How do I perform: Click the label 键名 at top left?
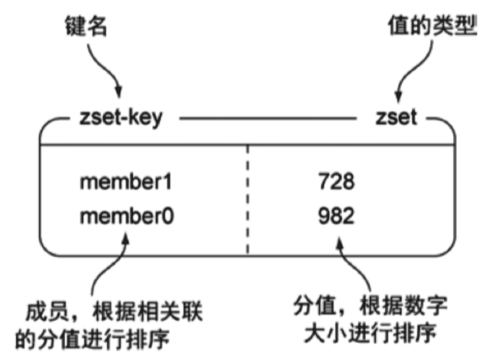click(x=85, y=27)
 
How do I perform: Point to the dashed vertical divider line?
click(x=248, y=199)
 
